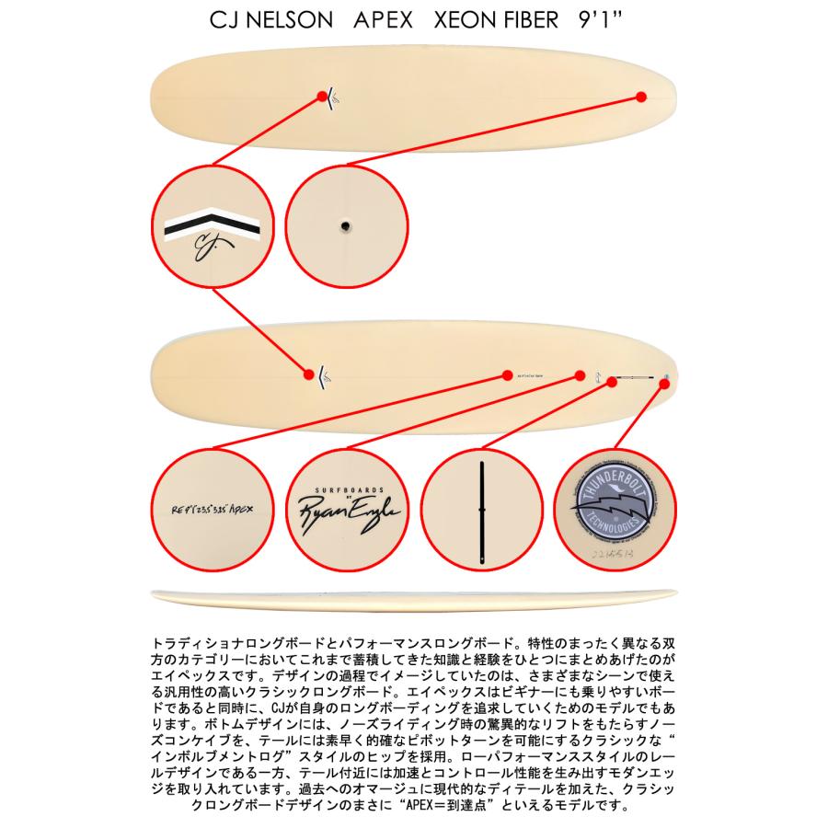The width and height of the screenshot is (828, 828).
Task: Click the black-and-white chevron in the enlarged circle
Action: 212,224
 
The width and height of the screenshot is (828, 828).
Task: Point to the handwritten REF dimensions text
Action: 212,506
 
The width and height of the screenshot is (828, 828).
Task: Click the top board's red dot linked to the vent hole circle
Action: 641,96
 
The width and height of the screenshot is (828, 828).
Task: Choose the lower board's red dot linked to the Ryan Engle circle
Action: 580,375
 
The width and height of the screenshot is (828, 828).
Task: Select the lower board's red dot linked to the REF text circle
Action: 507,375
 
